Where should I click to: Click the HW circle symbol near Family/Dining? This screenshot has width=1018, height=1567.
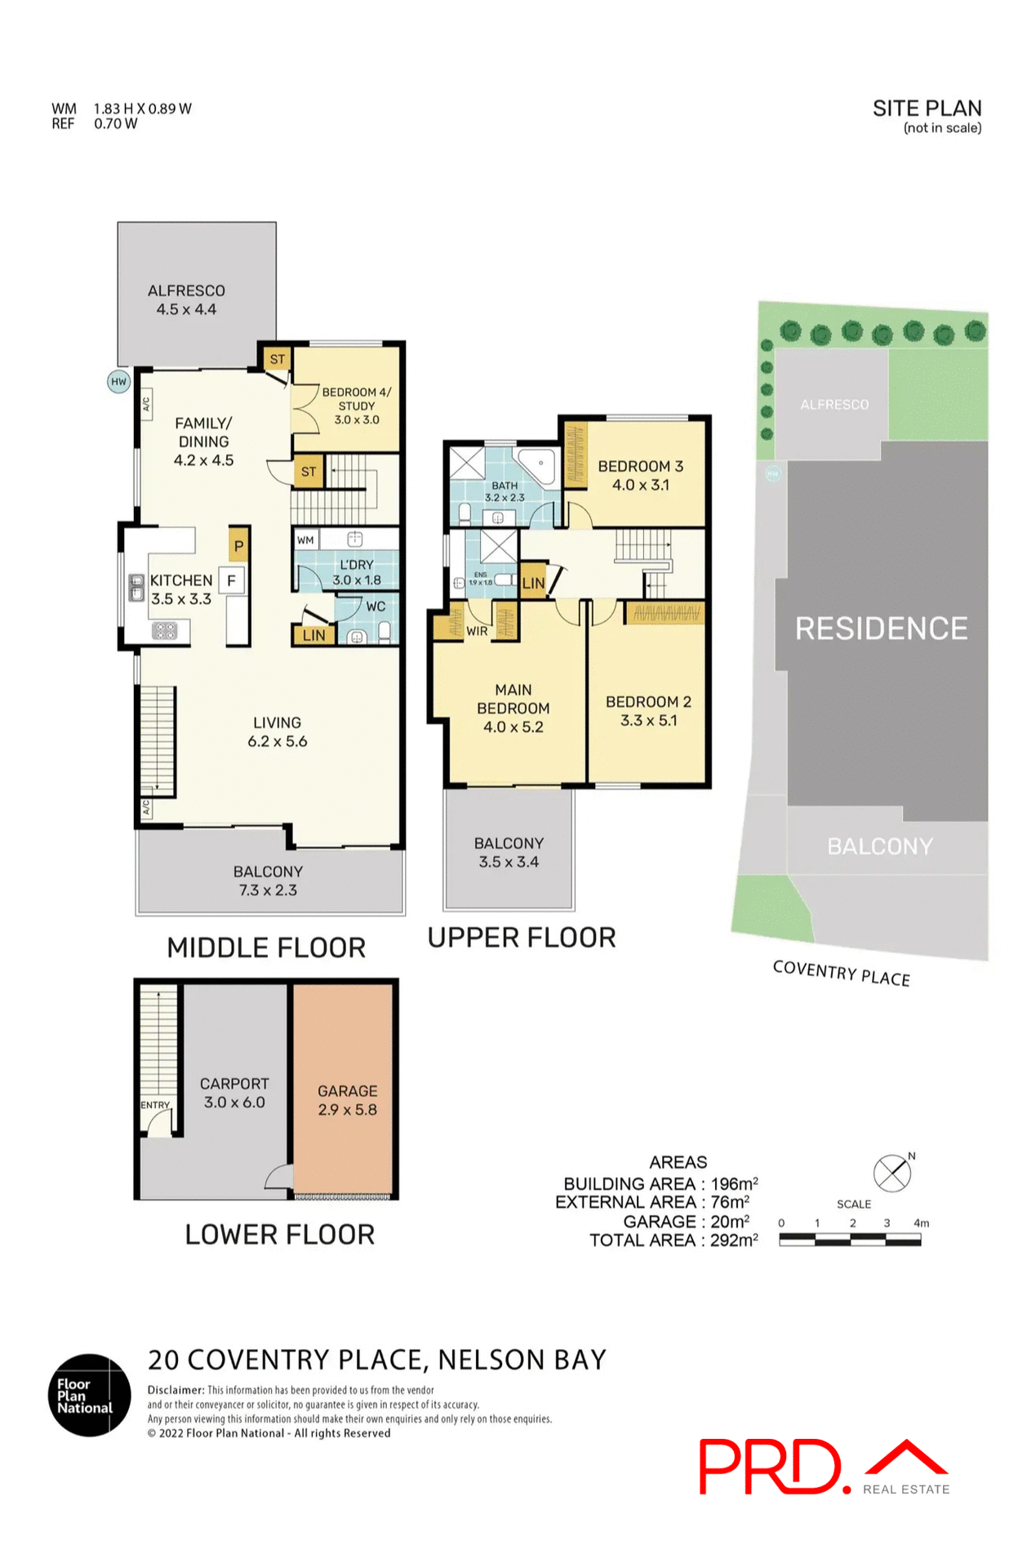click(119, 381)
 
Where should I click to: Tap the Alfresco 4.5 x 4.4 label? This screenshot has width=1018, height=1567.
click(186, 300)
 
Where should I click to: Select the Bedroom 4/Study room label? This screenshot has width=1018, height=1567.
click(357, 406)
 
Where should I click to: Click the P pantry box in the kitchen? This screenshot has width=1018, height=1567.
click(238, 546)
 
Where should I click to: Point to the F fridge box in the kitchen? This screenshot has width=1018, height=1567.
click(232, 580)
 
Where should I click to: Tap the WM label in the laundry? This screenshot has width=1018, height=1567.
click(305, 539)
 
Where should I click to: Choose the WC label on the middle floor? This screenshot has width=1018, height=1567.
click(376, 606)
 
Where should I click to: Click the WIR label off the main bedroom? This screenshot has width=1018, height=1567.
click(477, 631)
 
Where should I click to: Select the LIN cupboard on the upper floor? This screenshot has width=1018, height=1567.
click(533, 583)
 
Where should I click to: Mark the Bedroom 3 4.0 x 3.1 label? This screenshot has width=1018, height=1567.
click(641, 475)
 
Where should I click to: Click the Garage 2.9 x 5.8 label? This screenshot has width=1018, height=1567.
click(347, 1100)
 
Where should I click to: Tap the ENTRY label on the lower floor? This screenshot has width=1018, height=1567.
click(155, 1105)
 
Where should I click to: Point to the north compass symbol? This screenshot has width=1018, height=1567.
click(892, 1174)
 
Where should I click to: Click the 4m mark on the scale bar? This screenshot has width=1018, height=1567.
click(921, 1223)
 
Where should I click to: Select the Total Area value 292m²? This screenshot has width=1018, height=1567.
click(734, 1240)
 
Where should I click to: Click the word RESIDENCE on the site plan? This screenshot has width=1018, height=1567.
click(881, 628)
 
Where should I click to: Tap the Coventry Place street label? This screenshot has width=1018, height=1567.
click(841, 973)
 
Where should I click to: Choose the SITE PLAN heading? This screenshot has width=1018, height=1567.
click(927, 109)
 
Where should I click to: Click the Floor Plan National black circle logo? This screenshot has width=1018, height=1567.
click(89, 1395)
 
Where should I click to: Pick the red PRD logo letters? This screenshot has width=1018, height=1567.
click(770, 1467)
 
